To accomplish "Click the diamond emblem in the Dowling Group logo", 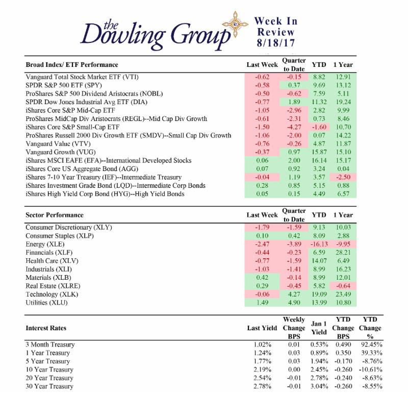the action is [235, 24].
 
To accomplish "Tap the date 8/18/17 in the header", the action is [275, 43].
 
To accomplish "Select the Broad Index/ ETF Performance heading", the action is [72, 65].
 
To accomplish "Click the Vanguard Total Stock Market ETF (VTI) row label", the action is [82, 77].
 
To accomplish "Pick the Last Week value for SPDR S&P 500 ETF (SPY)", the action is [262, 85].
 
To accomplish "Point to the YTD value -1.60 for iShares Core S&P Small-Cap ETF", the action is [319, 127].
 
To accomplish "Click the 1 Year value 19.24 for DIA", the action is [343, 102].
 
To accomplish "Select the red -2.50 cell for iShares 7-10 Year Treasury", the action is [343, 177].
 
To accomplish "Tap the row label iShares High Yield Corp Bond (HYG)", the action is [78, 194].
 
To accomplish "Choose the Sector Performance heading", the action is [55, 215].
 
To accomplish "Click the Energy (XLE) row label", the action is [45, 244].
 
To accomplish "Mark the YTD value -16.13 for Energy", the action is [319, 244].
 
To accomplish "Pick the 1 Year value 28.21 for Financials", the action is [343, 253].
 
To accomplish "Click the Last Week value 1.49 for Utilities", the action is [262, 303].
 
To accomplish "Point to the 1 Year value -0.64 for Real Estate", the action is [343, 286].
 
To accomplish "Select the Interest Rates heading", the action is [46, 328].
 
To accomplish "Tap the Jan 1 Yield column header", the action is [319, 328].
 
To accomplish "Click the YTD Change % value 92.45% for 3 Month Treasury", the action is [372, 345].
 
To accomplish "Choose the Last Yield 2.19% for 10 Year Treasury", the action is [262, 370].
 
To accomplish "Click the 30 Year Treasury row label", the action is [49, 386].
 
